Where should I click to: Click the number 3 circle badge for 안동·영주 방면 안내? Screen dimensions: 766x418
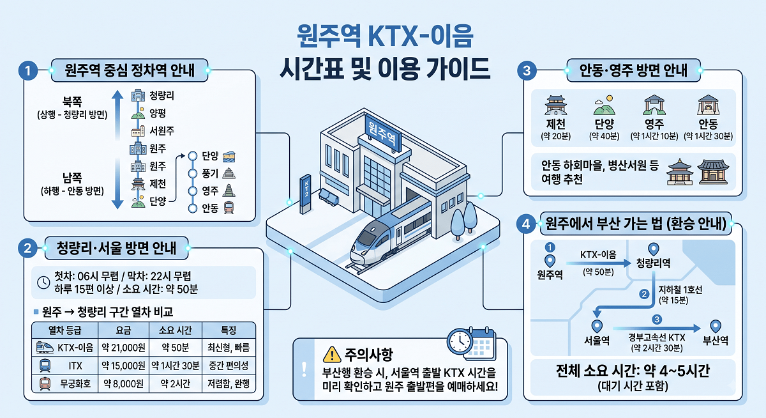pos(527,70)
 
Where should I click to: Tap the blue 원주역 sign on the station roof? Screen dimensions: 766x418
pos(382,133)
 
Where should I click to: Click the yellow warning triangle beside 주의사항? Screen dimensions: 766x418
pos(332,355)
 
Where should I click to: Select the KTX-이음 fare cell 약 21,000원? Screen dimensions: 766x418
pos(123,348)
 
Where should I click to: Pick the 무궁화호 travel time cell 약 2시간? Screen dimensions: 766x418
pos(176,383)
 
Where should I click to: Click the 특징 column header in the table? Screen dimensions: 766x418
pos(229,330)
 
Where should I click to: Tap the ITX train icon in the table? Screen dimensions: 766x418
pos(45,366)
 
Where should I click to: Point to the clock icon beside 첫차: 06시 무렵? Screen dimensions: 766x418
pos(43,283)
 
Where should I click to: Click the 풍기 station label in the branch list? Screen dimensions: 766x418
pos(210,174)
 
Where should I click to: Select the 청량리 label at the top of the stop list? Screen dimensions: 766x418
pos(161,95)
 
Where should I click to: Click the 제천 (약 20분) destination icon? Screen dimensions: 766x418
pos(556,105)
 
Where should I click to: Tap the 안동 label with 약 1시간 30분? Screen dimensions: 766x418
pos(708,123)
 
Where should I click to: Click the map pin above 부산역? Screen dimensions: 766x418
pos(716,326)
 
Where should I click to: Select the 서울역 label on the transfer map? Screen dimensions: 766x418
pos(597,341)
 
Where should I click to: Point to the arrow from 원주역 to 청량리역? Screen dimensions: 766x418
pos(599,263)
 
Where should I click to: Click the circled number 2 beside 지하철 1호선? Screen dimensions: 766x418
pos(644,294)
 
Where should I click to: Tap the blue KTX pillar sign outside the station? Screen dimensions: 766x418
pos(306,194)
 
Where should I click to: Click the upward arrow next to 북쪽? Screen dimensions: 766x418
pos(117,114)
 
